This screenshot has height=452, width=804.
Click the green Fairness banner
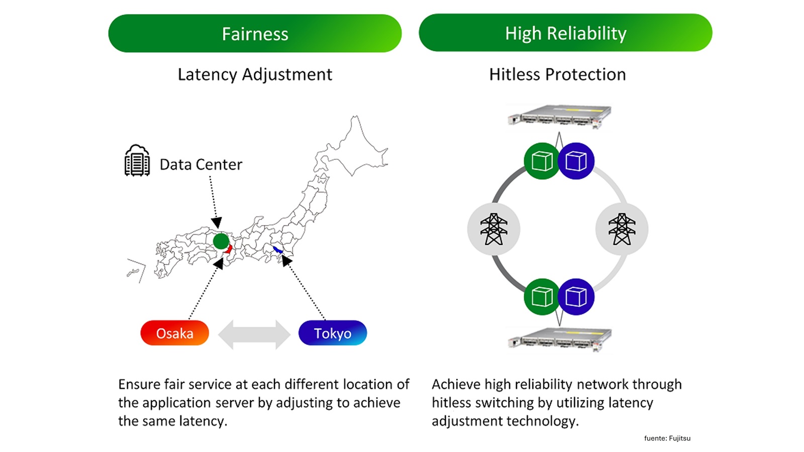[x=255, y=34]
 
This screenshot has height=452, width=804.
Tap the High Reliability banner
[x=565, y=33]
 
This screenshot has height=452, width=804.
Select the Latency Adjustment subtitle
[x=255, y=74]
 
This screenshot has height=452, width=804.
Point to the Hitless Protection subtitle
[x=557, y=74]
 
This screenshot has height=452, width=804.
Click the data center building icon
[x=137, y=161]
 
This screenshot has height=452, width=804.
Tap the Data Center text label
[x=200, y=164]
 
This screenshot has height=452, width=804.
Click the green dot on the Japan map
[x=221, y=241]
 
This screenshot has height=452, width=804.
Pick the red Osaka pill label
[x=174, y=333]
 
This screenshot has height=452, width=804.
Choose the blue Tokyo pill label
[x=333, y=333]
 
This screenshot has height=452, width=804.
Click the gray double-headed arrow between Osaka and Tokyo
[x=254, y=334]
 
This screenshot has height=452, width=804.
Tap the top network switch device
[x=559, y=116]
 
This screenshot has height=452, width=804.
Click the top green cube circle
[x=542, y=161]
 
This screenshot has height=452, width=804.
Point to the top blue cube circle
[x=576, y=161]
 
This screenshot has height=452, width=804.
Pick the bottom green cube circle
[x=542, y=297]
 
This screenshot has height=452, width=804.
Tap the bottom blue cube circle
[x=576, y=297]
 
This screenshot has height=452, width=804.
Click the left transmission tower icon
[x=493, y=229]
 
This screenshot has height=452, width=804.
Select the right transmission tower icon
[x=622, y=229]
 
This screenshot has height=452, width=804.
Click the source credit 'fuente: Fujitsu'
[x=667, y=438]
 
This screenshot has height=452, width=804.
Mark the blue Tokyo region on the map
[x=277, y=250]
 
